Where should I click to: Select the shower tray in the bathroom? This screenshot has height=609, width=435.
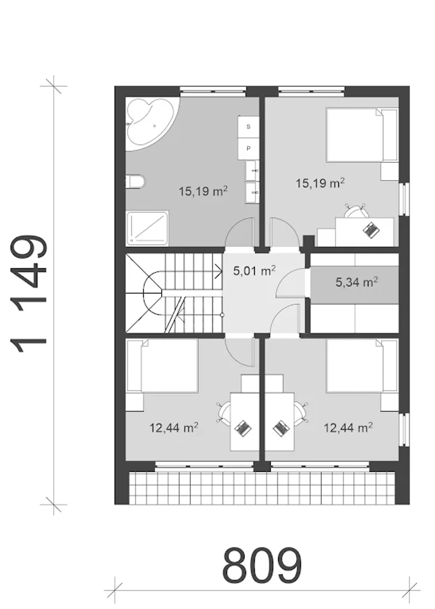pyautogui.click(x=147, y=228)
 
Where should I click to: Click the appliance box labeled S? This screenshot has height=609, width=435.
pyautogui.click(x=248, y=127)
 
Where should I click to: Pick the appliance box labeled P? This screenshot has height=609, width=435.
pyautogui.click(x=248, y=148)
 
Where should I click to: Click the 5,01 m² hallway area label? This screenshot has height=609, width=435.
pyautogui.click(x=254, y=271)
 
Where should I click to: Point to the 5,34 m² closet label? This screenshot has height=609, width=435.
pyautogui.click(x=357, y=282)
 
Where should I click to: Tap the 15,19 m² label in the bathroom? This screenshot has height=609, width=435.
pyautogui.click(x=203, y=191)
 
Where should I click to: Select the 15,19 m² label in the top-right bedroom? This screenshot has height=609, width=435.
pyautogui.click(x=320, y=183)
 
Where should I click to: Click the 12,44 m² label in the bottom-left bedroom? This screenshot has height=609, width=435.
pyautogui.click(x=174, y=428)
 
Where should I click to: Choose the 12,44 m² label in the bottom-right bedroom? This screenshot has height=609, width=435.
pyautogui.click(x=348, y=428)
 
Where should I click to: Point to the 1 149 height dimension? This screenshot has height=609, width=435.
pyautogui.click(x=29, y=294)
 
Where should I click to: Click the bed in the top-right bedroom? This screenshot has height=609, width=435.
pyautogui.click(x=362, y=135)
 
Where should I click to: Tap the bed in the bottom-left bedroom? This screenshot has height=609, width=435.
pyautogui.click(x=162, y=366)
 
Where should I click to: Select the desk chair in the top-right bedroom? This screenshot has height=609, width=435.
pyautogui.click(x=356, y=210)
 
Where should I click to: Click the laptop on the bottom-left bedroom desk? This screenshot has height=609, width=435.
pyautogui.click(x=242, y=428)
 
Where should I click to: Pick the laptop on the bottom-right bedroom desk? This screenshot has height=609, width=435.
pyautogui.click(x=281, y=428)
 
